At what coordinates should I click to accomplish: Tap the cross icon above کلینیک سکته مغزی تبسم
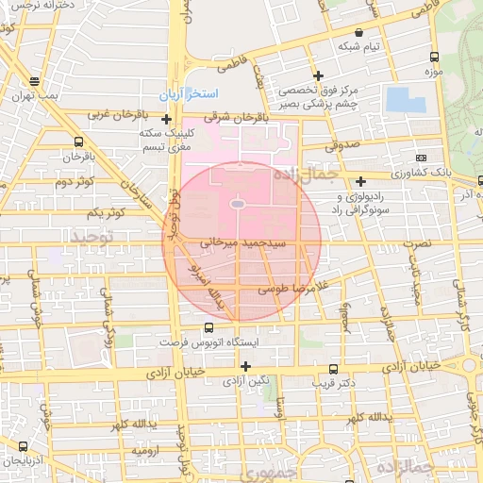[167, 120]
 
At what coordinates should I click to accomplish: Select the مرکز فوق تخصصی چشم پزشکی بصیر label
[318, 96]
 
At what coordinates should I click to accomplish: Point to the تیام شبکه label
[359, 45]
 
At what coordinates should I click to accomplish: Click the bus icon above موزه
[433, 57]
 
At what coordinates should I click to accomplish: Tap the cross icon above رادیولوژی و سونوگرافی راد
[361, 181]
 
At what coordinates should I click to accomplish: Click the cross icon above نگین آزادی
[246, 366]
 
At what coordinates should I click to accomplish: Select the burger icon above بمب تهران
[35, 81]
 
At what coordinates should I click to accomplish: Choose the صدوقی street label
[341, 146]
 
